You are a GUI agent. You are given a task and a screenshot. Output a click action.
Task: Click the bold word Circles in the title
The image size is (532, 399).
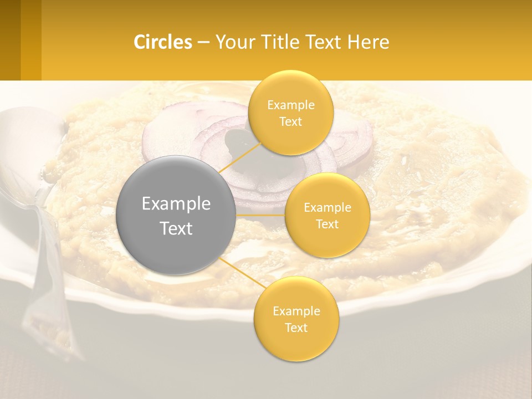tap(163, 42)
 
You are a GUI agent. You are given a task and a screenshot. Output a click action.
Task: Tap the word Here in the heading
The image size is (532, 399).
tap(369, 42)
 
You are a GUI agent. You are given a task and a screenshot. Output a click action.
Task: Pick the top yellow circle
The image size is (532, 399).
tap(290, 112)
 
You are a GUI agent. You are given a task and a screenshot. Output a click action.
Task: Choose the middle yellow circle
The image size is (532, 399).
tap(327, 215)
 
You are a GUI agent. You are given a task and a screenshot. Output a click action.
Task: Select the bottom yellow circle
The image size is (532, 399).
tap(296, 319)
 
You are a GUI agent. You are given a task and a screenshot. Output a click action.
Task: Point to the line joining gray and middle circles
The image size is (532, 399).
tap(260, 214)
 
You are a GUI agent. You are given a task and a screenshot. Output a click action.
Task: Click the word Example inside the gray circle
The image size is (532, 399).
tap(176, 203)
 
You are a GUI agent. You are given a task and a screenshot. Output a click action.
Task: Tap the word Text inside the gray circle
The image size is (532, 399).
tap(176, 228)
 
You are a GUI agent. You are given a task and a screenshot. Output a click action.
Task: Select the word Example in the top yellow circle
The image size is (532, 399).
tap(290, 105)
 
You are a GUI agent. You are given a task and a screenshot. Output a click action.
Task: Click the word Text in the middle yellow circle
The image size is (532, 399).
tap(327, 224)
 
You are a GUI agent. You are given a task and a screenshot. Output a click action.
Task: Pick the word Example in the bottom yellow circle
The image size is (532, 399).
tap(296, 311)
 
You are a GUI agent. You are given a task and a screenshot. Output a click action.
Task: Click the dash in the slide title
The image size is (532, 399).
tap(203, 42)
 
